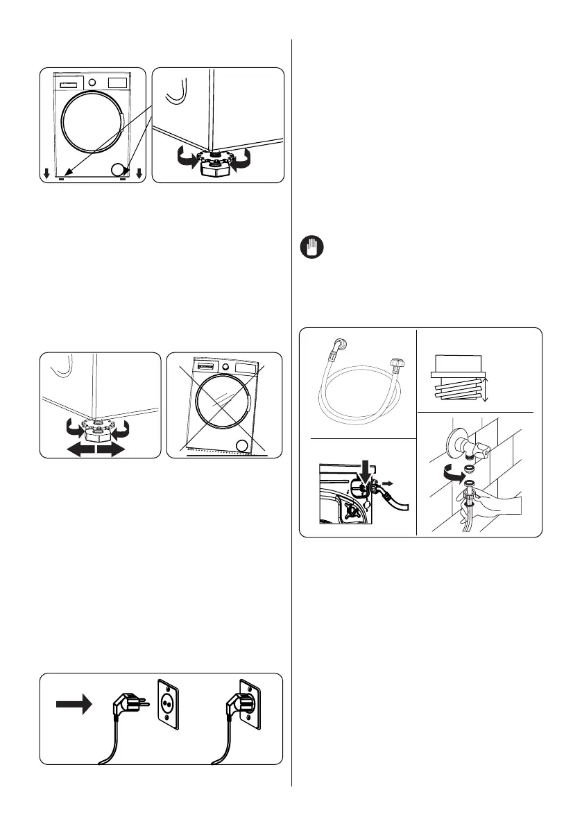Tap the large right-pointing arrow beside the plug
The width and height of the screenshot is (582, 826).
[x=73, y=705]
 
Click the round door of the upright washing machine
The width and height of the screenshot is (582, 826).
[x=91, y=124]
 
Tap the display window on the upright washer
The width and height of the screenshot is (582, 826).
[x=117, y=82]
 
